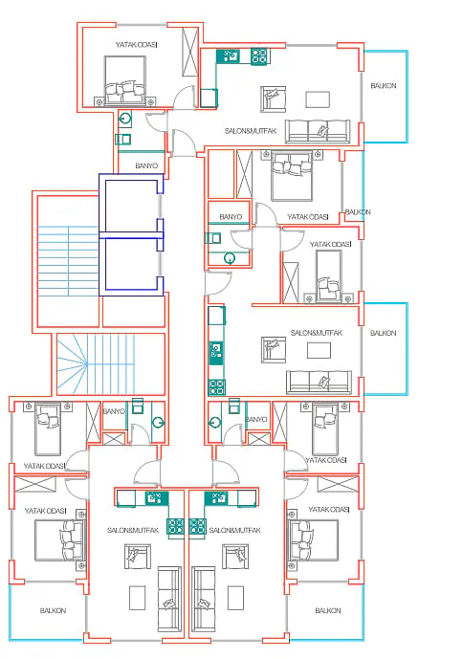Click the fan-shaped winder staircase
click(96, 364)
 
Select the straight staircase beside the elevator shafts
click(68, 260)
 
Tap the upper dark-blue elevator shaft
click(131, 205)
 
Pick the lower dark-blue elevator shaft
click(131, 266)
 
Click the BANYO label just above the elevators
click(146, 166)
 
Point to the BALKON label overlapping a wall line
click(358, 212)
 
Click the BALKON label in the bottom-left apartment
click(53, 610)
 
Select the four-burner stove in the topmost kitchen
click(259, 56)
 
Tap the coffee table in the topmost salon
click(318, 99)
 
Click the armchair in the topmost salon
click(273, 99)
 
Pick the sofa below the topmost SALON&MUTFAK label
click(318, 132)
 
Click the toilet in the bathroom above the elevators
click(125, 120)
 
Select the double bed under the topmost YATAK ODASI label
click(125, 80)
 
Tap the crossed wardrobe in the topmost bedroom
click(190, 52)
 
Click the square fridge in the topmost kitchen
click(209, 98)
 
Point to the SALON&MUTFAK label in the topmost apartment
click(251, 131)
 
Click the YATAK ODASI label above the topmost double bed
click(136, 45)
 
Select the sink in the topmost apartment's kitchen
click(229, 56)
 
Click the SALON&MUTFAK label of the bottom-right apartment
click(235, 531)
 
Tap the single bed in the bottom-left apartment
click(48, 428)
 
